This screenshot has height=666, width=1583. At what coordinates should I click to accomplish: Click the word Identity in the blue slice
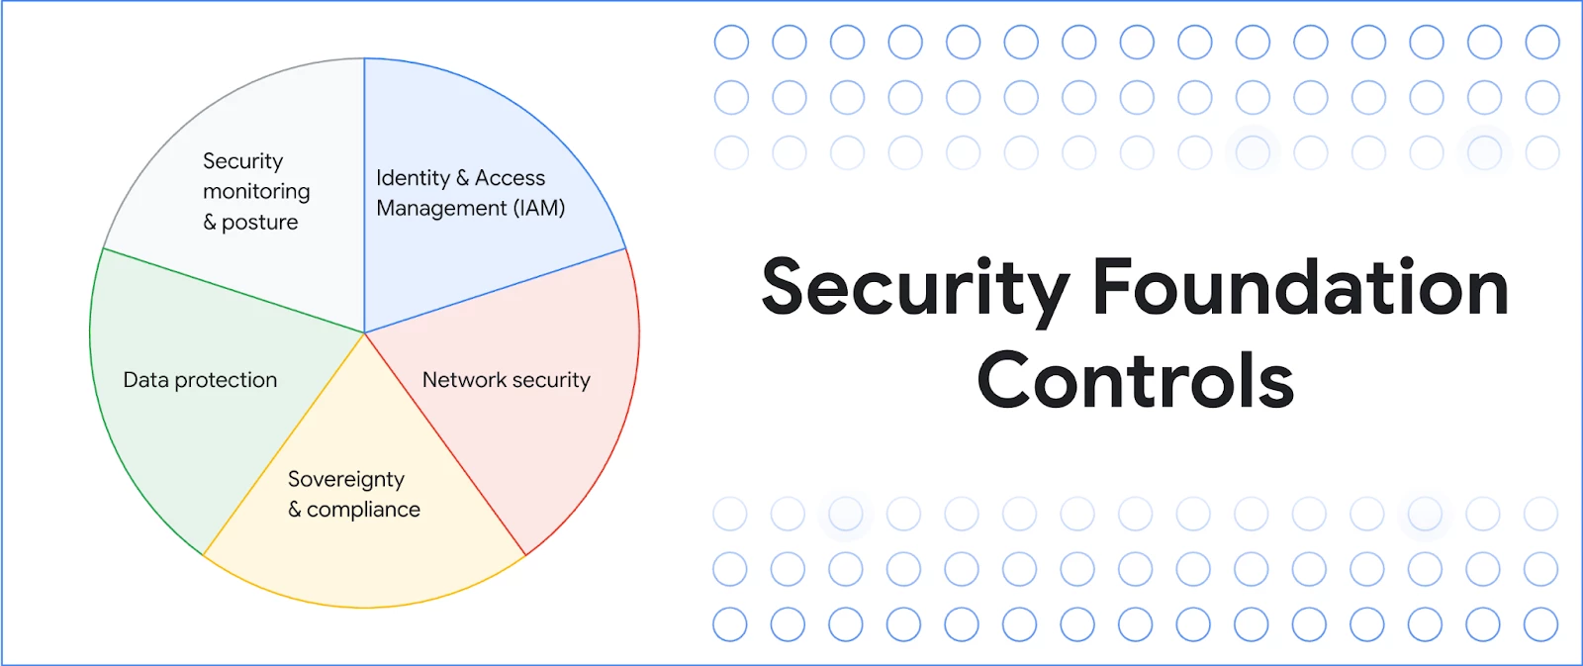click(413, 178)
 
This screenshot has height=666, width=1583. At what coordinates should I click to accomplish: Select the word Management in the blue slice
click(441, 209)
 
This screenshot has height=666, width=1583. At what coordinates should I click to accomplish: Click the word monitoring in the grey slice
click(256, 192)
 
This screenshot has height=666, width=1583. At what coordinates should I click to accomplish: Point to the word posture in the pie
click(260, 223)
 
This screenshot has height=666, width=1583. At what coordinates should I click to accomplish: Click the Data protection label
click(200, 380)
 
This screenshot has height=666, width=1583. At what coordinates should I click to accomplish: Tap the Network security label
click(506, 380)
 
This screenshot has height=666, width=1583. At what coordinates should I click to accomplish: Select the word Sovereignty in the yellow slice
click(346, 480)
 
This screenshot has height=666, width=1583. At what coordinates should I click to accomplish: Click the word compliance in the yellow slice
click(363, 510)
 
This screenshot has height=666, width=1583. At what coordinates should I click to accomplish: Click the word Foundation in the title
click(1300, 287)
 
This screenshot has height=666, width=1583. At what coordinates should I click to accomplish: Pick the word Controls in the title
click(1136, 380)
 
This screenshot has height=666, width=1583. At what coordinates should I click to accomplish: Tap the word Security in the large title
click(915, 291)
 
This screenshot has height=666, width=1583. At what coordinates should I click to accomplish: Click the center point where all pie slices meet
click(365, 333)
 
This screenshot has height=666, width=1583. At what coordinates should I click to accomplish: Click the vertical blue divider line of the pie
click(365, 195)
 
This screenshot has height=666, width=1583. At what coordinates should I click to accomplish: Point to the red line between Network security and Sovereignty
click(445, 444)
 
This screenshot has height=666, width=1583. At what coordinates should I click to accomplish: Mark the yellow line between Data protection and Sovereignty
click(283, 444)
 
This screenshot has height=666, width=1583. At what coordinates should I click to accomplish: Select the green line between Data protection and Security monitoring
click(233, 291)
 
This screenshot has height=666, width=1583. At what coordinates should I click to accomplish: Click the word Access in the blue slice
click(510, 178)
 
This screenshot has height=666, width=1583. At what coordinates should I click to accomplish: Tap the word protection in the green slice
click(226, 381)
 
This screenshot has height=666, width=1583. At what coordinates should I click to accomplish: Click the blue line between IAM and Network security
click(496, 291)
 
